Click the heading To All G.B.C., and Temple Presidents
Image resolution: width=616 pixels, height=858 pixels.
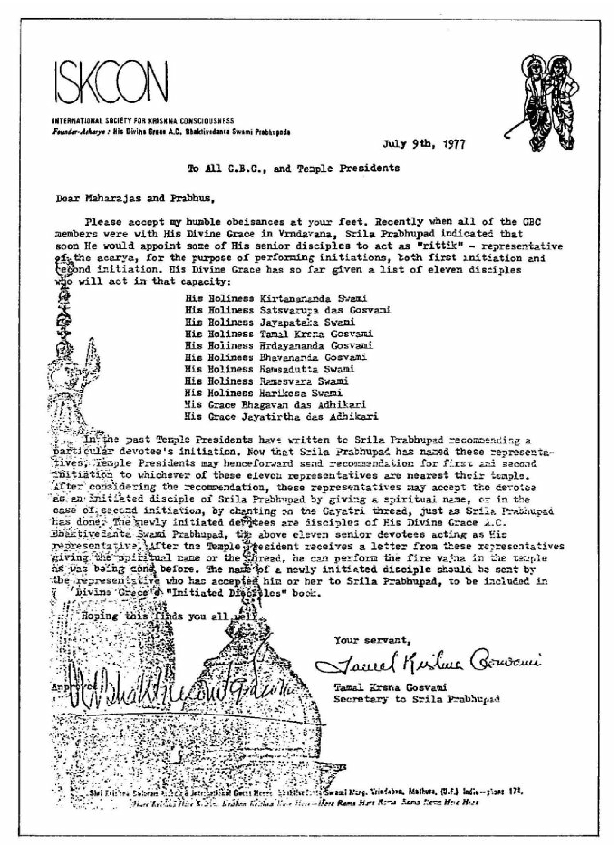click(x=294, y=169)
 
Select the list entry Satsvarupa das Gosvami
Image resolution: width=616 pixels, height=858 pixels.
click(x=325, y=310)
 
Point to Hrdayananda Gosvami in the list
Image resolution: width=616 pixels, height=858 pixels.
click(x=316, y=346)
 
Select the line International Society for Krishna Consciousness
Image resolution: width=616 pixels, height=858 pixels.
click(x=142, y=121)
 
